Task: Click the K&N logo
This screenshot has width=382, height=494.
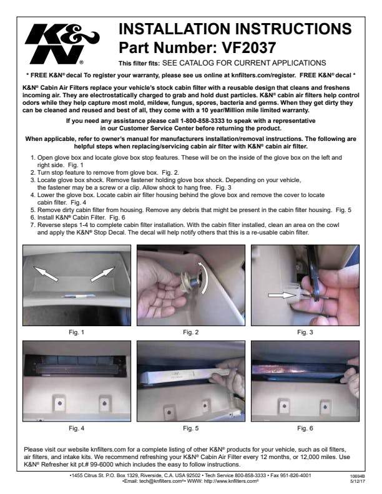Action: point(62,44)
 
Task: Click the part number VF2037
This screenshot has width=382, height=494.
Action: point(248,47)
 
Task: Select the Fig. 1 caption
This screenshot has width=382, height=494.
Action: point(77,332)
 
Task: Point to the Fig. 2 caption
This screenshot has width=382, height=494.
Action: point(190,332)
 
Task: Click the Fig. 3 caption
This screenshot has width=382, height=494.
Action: point(305,332)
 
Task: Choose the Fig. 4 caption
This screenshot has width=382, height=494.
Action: point(77,428)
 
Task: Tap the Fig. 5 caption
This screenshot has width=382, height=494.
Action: point(190,428)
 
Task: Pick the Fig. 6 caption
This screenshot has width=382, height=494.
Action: point(305,428)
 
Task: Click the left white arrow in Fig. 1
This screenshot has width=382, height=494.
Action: point(46,273)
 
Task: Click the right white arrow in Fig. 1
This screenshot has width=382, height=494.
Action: point(103,274)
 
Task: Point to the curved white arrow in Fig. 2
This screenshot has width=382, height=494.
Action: point(205,277)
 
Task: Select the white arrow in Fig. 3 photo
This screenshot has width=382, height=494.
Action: point(281,295)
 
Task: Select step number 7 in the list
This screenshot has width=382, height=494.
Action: point(32,225)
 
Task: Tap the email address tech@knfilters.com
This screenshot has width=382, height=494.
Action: point(161,481)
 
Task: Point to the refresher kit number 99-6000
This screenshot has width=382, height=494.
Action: point(102,465)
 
